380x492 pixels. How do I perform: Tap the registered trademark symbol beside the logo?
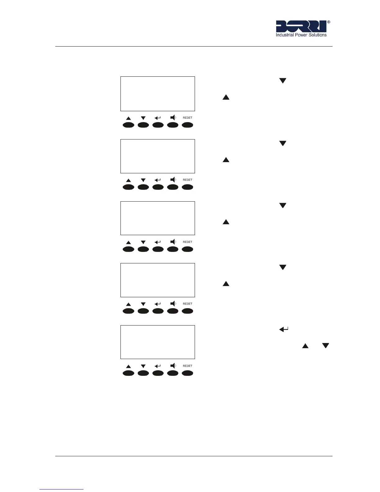(x=329, y=22)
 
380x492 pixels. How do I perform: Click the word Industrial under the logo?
(x=285, y=35)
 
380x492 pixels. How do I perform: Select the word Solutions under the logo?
(x=318, y=35)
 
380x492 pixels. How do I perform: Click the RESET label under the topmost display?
(x=188, y=118)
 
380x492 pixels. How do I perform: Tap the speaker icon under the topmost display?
(x=173, y=117)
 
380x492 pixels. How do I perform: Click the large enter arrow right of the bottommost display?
(x=284, y=329)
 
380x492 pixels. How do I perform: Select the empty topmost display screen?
(x=158, y=94)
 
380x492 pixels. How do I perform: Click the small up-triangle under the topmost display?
(x=129, y=118)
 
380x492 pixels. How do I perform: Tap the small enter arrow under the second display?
(x=158, y=180)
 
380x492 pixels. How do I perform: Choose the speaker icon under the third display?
(x=173, y=242)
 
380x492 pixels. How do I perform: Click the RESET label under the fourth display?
(x=188, y=304)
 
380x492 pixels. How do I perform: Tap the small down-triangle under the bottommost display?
(x=143, y=366)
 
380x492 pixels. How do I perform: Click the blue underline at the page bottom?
(x=61, y=489)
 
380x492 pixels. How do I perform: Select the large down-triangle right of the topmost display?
(x=283, y=81)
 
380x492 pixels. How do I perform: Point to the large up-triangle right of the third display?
(x=226, y=222)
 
